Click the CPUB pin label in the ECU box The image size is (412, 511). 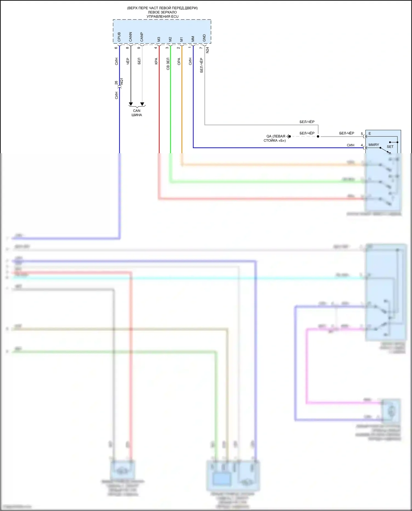tap(119, 37)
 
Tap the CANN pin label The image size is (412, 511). tap(130, 37)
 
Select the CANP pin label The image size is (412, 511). tap(142, 37)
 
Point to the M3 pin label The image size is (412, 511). tap(159, 39)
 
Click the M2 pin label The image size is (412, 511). tap(170, 39)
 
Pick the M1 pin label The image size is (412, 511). tap(181, 39)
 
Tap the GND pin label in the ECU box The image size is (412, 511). tap(204, 38)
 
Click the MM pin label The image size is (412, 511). tap(193, 39)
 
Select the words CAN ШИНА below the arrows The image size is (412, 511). tap(137, 113)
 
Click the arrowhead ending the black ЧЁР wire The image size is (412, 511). tap(131, 104)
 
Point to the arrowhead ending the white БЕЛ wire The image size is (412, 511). tap(142, 104)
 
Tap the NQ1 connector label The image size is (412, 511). tap(122, 81)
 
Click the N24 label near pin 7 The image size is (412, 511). tap(207, 50)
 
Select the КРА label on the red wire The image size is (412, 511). tap(156, 61)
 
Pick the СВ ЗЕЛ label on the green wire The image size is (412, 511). tap(168, 64)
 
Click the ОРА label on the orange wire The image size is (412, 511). tap(179, 62)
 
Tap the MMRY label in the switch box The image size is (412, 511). tap(374, 145)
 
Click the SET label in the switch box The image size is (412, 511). tap(390, 147)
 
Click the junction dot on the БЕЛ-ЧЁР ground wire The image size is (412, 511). tap(318, 136)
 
